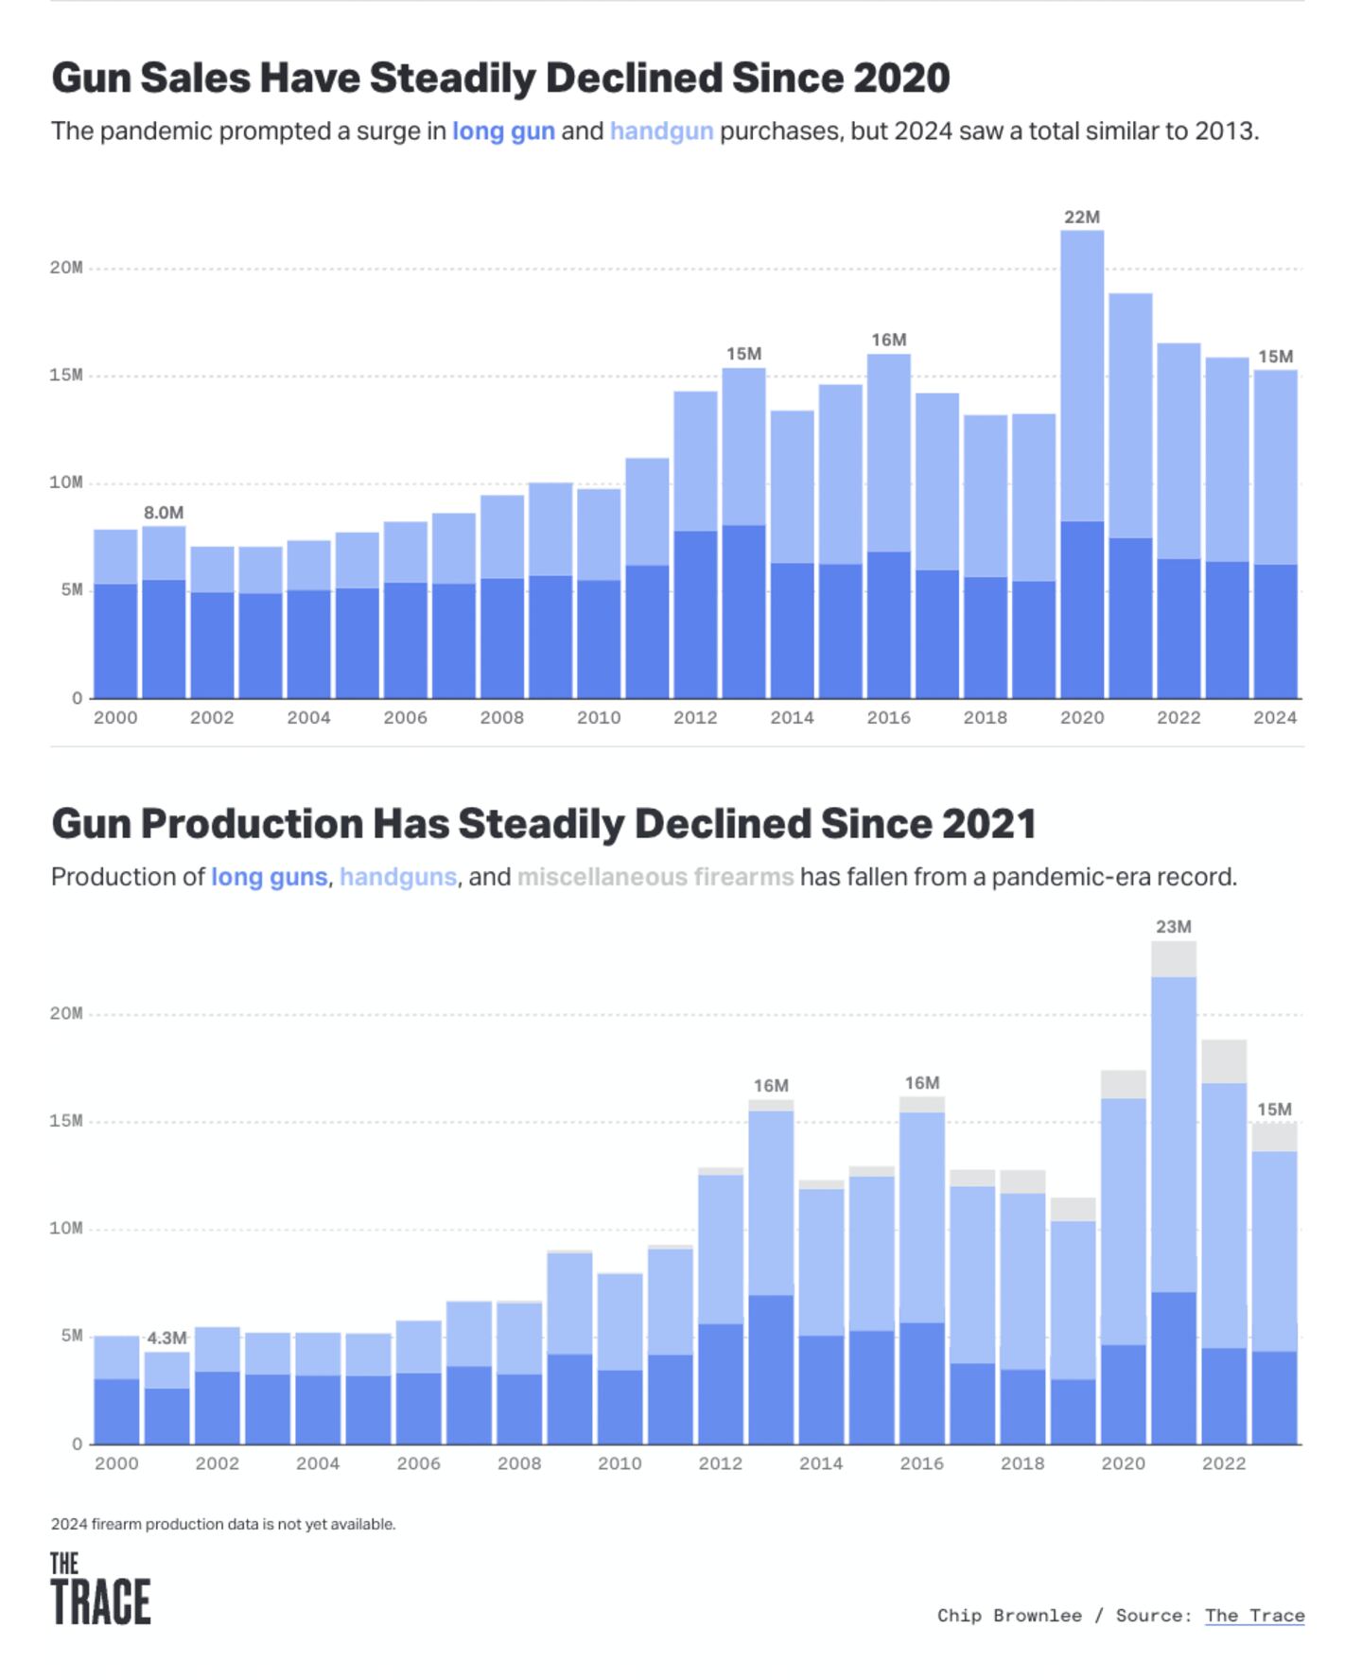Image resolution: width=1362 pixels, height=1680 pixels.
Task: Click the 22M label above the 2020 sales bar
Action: (x=1081, y=218)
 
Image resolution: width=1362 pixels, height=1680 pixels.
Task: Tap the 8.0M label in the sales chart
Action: (x=164, y=513)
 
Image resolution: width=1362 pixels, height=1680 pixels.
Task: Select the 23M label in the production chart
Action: (x=1173, y=927)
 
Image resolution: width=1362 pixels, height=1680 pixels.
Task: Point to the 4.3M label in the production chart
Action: (x=166, y=1338)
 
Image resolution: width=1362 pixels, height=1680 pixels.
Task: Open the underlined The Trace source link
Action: (x=1254, y=1616)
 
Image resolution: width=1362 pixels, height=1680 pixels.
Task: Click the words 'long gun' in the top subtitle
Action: (x=503, y=131)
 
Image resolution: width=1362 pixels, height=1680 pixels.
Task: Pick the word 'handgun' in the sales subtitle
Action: (x=661, y=131)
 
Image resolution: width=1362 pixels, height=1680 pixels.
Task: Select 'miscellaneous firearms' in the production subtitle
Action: (x=655, y=877)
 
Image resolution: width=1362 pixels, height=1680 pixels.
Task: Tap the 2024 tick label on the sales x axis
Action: (x=1274, y=718)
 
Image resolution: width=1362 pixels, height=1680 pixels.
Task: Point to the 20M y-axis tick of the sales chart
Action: (x=66, y=268)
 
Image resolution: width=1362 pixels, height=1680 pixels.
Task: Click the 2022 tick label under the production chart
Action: (x=1223, y=1463)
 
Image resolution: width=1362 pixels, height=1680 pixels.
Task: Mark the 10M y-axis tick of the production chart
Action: (x=66, y=1228)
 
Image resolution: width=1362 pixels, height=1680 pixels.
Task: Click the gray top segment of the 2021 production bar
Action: (x=1173, y=958)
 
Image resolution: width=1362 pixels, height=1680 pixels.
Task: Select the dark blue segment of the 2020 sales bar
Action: (x=1081, y=610)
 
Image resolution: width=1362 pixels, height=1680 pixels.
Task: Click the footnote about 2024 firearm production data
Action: (x=223, y=1524)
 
